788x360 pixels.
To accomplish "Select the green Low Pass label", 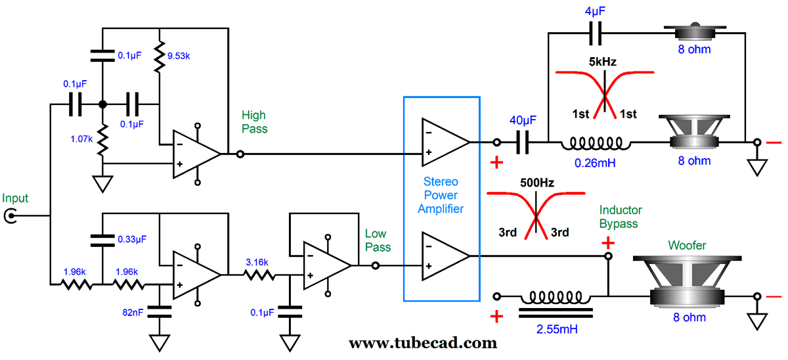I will coord(377,240).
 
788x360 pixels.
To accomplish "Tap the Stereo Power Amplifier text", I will coord(441,195).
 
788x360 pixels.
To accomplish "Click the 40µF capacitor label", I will coord(523,120).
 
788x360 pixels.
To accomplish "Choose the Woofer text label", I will coord(687,246).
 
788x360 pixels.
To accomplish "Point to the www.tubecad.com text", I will coord(422,342).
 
